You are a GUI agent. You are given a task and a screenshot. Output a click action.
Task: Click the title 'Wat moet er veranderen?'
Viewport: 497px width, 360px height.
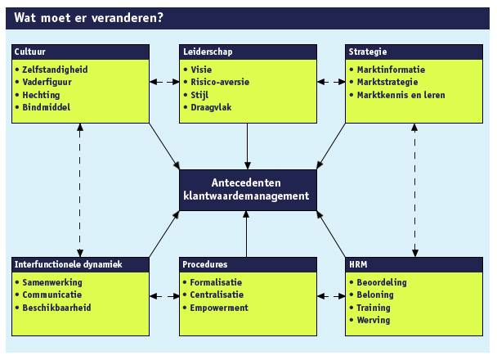click(88, 18)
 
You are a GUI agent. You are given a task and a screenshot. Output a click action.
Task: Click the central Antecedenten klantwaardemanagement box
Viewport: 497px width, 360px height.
click(248, 190)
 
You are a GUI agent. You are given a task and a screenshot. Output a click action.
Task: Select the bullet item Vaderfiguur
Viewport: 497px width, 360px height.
click(47, 82)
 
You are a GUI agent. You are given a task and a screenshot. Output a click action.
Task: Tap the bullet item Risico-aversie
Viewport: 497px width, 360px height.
click(220, 82)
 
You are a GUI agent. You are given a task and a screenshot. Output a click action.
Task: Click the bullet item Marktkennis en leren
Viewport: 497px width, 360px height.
click(401, 95)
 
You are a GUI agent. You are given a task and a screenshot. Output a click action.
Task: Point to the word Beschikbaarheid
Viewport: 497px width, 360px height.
click(56, 308)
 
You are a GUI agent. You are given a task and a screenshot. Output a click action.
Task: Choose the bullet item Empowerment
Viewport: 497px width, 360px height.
click(219, 308)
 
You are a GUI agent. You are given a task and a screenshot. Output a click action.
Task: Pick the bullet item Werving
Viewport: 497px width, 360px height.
click(374, 321)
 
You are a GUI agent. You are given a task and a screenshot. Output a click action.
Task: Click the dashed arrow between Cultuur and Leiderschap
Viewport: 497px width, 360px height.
click(164, 82)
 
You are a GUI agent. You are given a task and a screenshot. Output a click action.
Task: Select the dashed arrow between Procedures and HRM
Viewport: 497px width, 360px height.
click(331, 296)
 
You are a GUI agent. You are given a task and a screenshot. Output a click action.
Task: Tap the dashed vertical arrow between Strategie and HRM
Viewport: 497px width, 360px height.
click(414, 191)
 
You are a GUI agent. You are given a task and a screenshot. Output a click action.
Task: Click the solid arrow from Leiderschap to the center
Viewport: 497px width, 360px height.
click(248, 146)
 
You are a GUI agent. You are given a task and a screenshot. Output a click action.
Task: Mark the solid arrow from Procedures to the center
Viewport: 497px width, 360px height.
click(246, 234)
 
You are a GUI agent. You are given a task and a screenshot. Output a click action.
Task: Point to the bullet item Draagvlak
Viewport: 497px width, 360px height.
click(211, 107)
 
